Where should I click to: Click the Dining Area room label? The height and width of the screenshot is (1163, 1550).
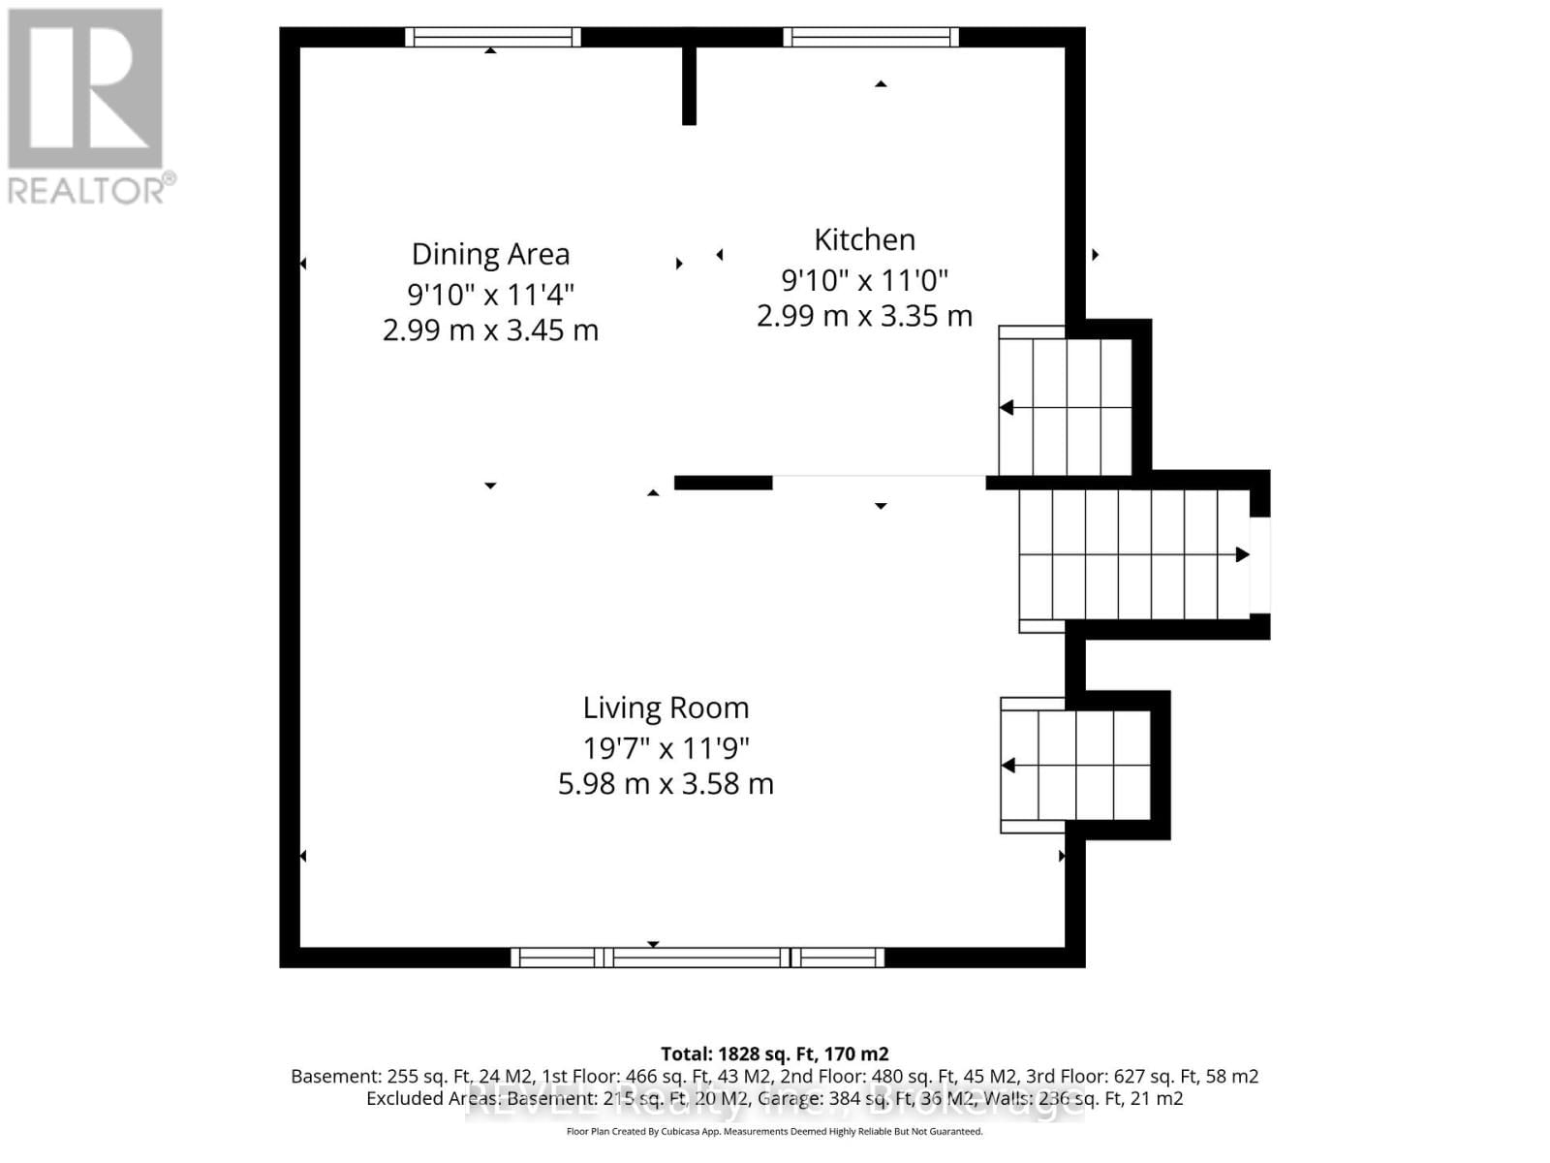tap(490, 254)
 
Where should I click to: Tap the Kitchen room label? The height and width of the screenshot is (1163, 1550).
tap(864, 239)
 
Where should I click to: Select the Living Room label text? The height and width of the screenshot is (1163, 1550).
tap(666, 707)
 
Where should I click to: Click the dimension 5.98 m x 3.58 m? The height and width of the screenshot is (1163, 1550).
tap(666, 783)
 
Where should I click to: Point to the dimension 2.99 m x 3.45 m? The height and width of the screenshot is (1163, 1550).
tap(490, 330)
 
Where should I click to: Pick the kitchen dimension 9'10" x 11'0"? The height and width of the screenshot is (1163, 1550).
tap(864, 280)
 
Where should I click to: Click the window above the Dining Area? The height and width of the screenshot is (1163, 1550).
tap(492, 37)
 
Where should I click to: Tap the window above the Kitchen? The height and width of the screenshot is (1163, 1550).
tap(870, 37)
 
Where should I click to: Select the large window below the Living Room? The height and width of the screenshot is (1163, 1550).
tap(697, 958)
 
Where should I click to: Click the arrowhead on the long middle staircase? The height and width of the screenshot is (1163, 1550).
tap(1241, 554)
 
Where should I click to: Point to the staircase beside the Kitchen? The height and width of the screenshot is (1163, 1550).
tap(1066, 407)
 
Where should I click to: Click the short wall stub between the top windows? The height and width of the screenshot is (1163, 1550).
tap(689, 85)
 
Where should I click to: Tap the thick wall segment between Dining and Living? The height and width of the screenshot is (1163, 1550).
tap(723, 483)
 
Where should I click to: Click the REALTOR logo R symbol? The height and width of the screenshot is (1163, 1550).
tap(85, 89)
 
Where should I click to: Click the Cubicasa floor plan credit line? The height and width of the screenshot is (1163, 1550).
tap(774, 1131)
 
